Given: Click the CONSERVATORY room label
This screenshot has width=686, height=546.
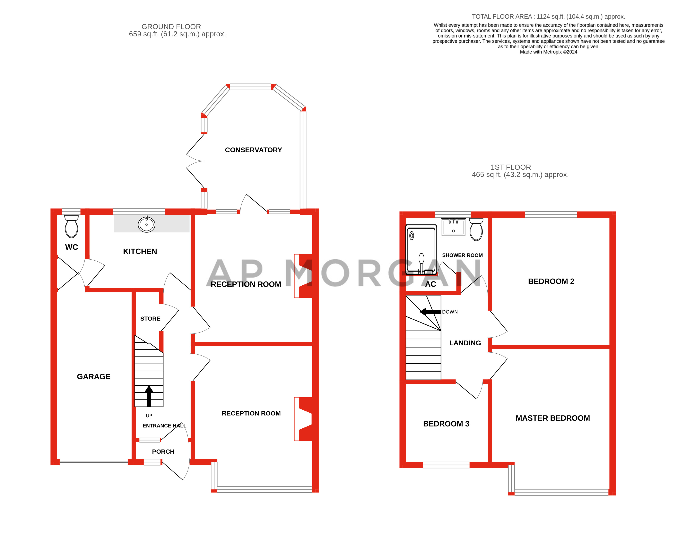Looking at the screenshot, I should tap(253, 150).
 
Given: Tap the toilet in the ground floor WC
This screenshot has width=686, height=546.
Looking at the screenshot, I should tap(71, 227).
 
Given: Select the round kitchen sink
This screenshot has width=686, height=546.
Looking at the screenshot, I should tap(146, 224).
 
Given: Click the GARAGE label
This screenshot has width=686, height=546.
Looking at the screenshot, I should tap(93, 376).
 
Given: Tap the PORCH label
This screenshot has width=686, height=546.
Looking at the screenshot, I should tap(163, 452).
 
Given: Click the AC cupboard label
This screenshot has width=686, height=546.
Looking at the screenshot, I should tap(430, 284).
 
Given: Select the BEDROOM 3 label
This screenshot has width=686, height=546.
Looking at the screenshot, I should tap(446, 424).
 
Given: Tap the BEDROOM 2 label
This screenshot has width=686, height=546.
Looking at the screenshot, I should tap(551, 281).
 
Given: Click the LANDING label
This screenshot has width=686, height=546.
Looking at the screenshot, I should tap(465, 343).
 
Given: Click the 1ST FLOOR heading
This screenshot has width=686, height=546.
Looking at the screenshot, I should tap(511, 167).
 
